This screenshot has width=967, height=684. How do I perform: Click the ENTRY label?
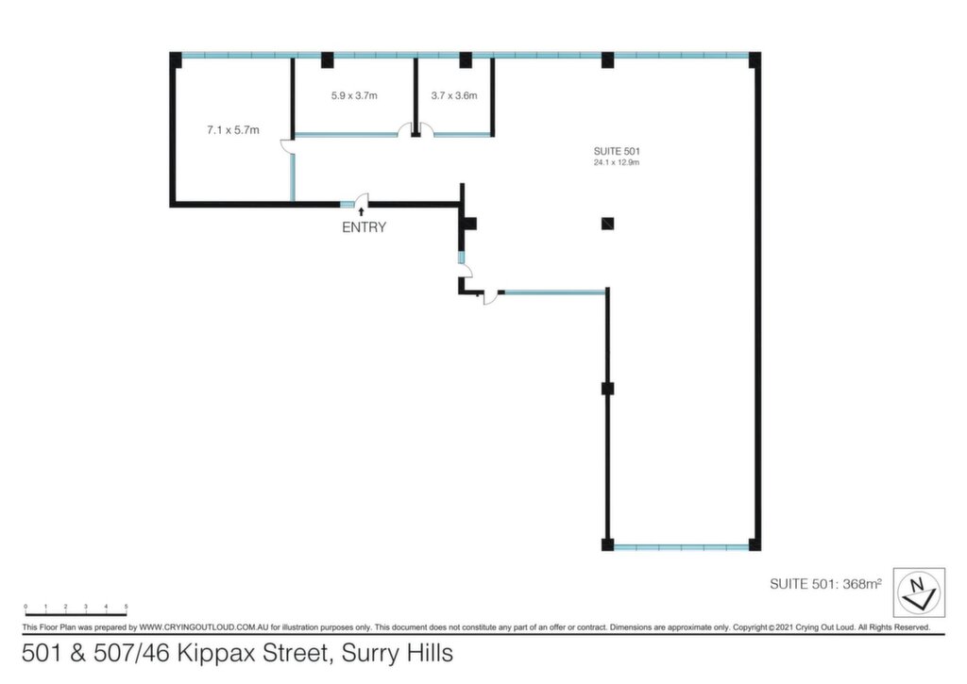364,227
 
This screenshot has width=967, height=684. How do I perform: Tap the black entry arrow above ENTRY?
361,211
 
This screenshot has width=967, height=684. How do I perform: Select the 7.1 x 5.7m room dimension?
233,130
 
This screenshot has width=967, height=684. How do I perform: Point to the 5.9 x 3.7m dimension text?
354,95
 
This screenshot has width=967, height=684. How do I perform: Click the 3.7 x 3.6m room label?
454,95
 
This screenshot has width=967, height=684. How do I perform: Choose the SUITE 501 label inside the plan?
617,151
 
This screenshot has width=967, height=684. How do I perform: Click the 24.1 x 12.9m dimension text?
617,162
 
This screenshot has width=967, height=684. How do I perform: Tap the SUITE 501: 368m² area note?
825,584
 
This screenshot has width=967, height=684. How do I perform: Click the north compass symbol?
919,592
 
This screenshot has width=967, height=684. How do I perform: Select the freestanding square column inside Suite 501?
607,224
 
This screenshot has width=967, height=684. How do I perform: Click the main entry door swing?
362,200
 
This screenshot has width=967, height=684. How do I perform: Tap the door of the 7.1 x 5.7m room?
287,146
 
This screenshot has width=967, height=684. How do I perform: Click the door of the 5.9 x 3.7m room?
405,129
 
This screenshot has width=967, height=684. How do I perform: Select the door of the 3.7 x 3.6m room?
427,129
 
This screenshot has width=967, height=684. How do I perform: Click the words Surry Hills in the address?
398,653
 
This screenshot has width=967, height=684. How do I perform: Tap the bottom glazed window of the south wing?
682,546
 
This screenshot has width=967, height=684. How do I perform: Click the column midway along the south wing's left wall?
607,388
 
